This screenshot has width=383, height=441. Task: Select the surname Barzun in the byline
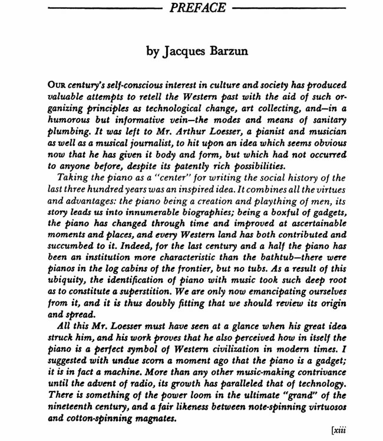pos(227,51)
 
